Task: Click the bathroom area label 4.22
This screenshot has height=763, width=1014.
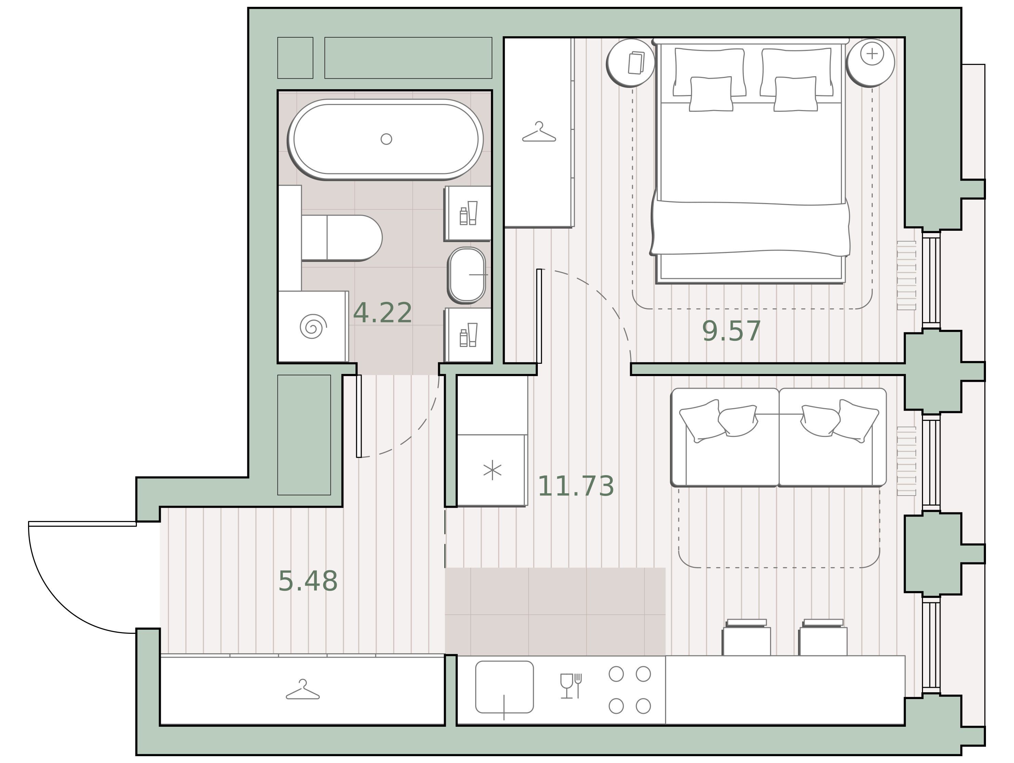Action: click(382, 313)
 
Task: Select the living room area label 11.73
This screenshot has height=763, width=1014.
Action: click(575, 486)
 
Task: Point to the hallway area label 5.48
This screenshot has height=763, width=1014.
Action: click(308, 581)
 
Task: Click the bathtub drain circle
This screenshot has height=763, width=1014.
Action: click(387, 139)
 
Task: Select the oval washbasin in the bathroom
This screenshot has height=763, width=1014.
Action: click(467, 275)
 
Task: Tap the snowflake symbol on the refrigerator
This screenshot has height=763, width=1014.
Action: click(492, 470)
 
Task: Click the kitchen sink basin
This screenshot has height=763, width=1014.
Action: click(504, 687)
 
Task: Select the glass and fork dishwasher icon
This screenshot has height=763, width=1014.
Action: click(571, 686)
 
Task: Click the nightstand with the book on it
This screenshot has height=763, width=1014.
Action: click(631, 63)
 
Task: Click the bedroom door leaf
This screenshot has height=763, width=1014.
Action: click(539, 316)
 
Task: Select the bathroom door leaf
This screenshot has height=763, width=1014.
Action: click(359, 416)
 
